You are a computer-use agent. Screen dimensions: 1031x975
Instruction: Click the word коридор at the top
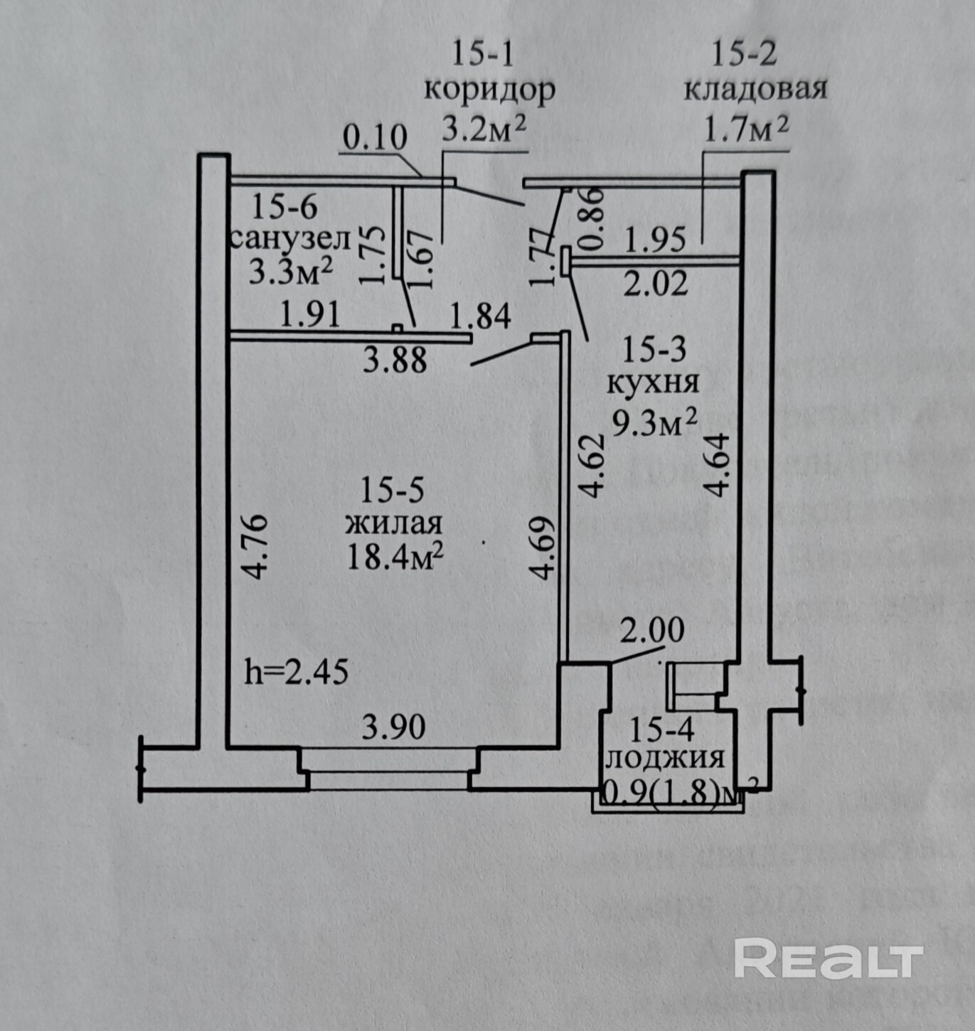pyautogui.click(x=489, y=91)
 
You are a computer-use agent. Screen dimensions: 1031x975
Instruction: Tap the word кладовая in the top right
pyautogui.click(x=755, y=90)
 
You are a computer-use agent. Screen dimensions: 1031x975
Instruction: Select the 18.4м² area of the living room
pyautogui.click(x=395, y=556)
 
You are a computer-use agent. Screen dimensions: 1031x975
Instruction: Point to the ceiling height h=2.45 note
pyautogui.click(x=296, y=671)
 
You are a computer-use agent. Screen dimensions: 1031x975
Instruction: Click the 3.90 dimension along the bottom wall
pyautogui.click(x=393, y=727)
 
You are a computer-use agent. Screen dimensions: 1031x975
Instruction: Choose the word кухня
pyautogui.click(x=653, y=383)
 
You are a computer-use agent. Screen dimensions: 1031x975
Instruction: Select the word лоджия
pyautogui.click(x=664, y=758)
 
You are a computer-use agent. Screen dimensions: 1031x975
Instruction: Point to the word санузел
pyautogui.click(x=290, y=239)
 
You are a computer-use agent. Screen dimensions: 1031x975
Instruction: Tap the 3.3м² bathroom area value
pyautogui.click(x=291, y=271)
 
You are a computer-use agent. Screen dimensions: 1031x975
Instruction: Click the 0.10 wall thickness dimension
pyautogui.click(x=375, y=137)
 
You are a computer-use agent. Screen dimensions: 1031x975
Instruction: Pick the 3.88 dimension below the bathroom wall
pyautogui.click(x=395, y=360)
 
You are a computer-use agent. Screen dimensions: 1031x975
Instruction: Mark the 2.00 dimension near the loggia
pyautogui.click(x=652, y=630)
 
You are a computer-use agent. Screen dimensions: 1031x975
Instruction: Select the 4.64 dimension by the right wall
pyautogui.click(x=716, y=465)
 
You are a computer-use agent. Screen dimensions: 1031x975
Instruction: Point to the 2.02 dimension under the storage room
pyautogui.click(x=656, y=284)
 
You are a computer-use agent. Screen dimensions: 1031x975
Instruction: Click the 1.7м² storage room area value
pyautogui.click(x=746, y=129)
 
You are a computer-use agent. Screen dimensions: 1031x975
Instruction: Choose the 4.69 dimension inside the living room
pyautogui.click(x=543, y=547)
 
